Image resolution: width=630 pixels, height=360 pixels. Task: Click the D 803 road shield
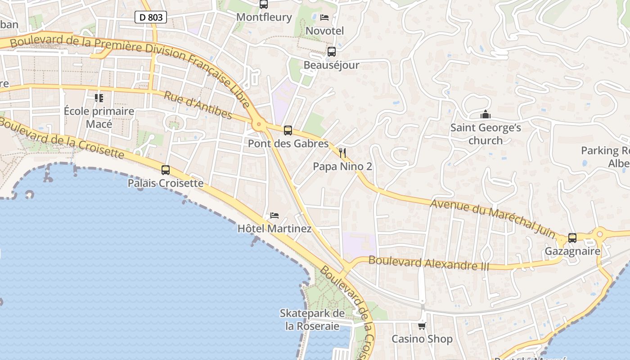coord(151,18)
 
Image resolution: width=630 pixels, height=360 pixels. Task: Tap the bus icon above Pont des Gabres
coord(288,130)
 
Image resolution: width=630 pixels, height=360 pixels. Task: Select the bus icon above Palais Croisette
coord(166,170)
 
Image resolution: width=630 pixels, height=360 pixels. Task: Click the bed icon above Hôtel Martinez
coord(274,216)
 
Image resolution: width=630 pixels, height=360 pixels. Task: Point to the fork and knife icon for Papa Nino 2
coord(342,153)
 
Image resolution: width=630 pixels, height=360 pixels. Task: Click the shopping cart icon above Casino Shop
coord(422,326)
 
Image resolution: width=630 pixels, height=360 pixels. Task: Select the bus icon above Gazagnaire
coord(572,238)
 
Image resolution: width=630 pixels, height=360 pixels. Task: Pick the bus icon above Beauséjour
coord(332,52)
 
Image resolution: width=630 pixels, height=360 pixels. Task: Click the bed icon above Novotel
coord(324,18)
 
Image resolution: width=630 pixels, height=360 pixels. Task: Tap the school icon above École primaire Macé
coord(99,98)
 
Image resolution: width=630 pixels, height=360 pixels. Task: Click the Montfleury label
coord(264,18)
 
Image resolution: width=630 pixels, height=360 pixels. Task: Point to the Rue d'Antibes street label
coord(198,105)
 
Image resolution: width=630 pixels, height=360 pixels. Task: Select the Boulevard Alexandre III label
coord(428,263)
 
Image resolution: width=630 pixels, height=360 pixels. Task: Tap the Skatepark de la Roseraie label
coord(312,319)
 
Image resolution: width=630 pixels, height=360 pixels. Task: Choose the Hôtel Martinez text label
coord(274,229)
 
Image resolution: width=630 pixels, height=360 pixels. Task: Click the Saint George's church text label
coord(486,134)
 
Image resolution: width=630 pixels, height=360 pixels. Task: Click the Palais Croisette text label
coord(166,183)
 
